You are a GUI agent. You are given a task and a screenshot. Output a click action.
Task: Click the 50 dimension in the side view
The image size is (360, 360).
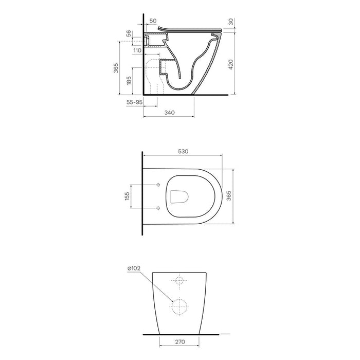(152, 21)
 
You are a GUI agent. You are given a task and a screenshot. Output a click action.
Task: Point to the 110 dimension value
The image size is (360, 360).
(137, 50)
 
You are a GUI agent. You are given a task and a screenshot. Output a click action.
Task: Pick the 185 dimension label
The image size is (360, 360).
(129, 81)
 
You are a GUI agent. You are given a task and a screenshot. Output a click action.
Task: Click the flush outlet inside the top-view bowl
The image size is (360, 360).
(179, 196)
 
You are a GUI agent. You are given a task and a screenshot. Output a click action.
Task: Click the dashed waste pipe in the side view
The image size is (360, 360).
(153, 77)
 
